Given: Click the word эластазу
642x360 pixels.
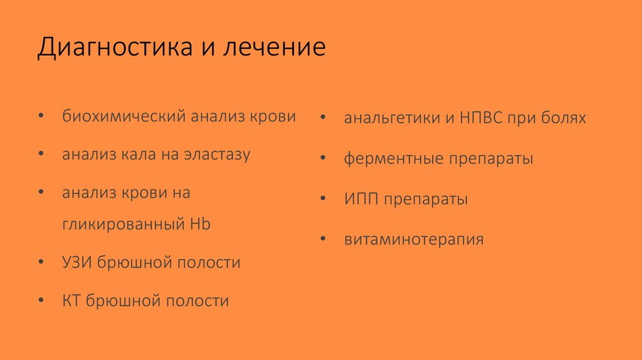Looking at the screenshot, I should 217,155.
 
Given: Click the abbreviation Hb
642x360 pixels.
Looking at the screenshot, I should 199,224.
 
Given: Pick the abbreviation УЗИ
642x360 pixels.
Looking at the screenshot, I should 77,262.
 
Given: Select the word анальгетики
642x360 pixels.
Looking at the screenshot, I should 388,118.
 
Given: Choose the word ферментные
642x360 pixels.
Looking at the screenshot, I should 392,159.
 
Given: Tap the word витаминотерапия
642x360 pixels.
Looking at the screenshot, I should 413,240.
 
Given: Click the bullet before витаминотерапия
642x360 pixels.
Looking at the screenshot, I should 322,240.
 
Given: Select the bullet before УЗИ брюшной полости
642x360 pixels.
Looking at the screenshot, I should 41,262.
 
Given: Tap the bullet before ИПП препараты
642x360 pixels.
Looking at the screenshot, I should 322,199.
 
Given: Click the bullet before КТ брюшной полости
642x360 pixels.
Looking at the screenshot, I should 41,300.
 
